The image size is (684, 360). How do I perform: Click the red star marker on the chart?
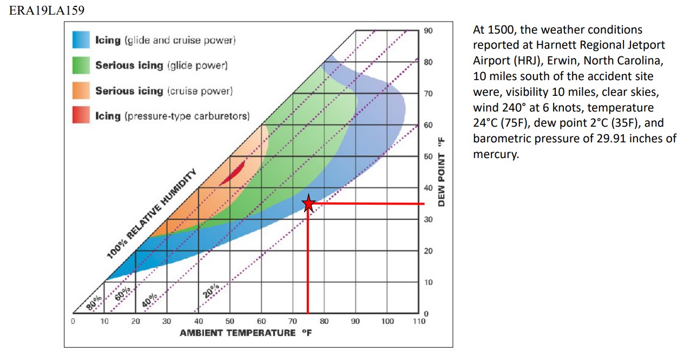(x=308, y=204)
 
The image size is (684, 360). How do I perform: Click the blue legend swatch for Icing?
(x=81, y=40)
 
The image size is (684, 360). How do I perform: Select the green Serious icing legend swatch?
(x=81, y=65)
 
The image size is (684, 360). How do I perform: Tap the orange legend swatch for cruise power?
(x=81, y=90)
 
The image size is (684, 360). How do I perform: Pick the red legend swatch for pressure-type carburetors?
(x=81, y=115)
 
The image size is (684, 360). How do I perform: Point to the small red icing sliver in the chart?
(x=233, y=173)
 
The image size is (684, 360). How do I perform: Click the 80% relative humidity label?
(x=93, y=303)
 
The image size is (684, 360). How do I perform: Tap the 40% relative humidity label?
(x=150, y=299)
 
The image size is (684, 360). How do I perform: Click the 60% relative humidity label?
(x=122, y=295)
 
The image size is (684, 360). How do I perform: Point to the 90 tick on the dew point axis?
(x=428, y=31)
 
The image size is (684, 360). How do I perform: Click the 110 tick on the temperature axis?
(x=418, y=322)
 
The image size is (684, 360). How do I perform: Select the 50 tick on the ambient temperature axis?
(x=229, y=322)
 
